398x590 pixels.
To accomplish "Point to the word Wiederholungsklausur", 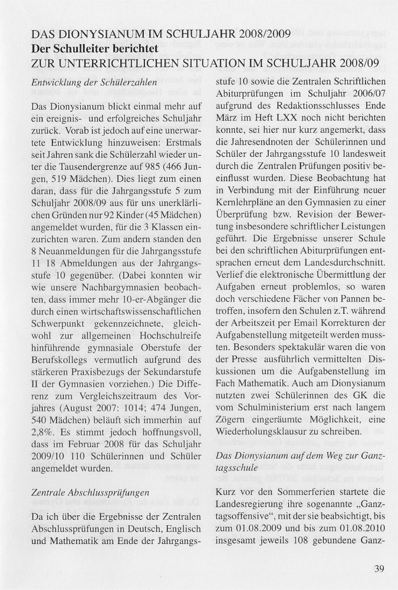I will point(260,432).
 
